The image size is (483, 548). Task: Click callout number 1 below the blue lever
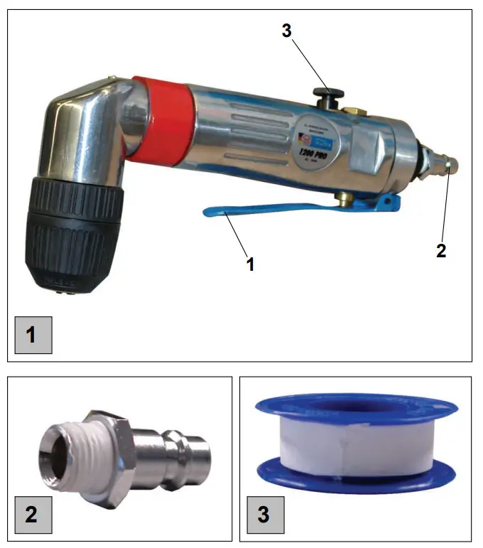tap(250, 264)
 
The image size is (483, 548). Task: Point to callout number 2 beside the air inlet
tap(441, 251)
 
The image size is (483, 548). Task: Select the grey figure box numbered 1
tap(33, 335)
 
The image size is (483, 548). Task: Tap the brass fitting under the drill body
tap(343, 198)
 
